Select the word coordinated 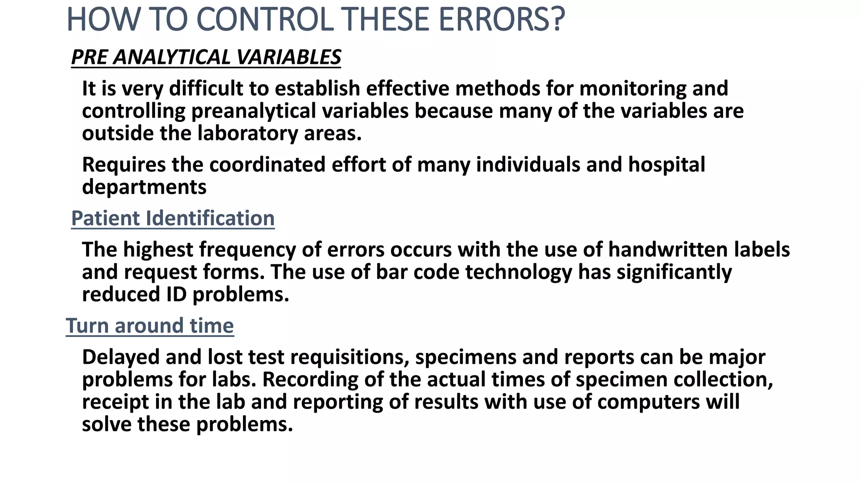pos(267,164)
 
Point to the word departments pos(144,187)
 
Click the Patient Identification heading pos(173,218)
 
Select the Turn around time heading pos(150,326)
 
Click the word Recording pos(310,379)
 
